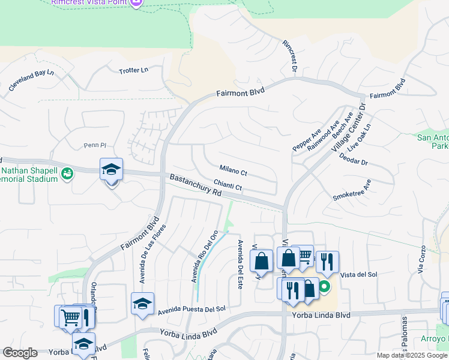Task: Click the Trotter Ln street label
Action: click(133, 70)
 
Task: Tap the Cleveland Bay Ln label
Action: click(31, 81)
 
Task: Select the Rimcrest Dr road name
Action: click(290, 57)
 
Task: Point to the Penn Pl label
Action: click(94, 145)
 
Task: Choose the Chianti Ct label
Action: click(228, 187)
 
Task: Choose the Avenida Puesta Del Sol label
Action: click(191, 310)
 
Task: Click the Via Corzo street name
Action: click(421, 260)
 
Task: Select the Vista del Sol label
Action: click(358, 274)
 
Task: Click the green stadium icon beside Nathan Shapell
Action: click(67, 174)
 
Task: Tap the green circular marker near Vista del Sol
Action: click(324, 287)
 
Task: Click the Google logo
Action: click(20, 353)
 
